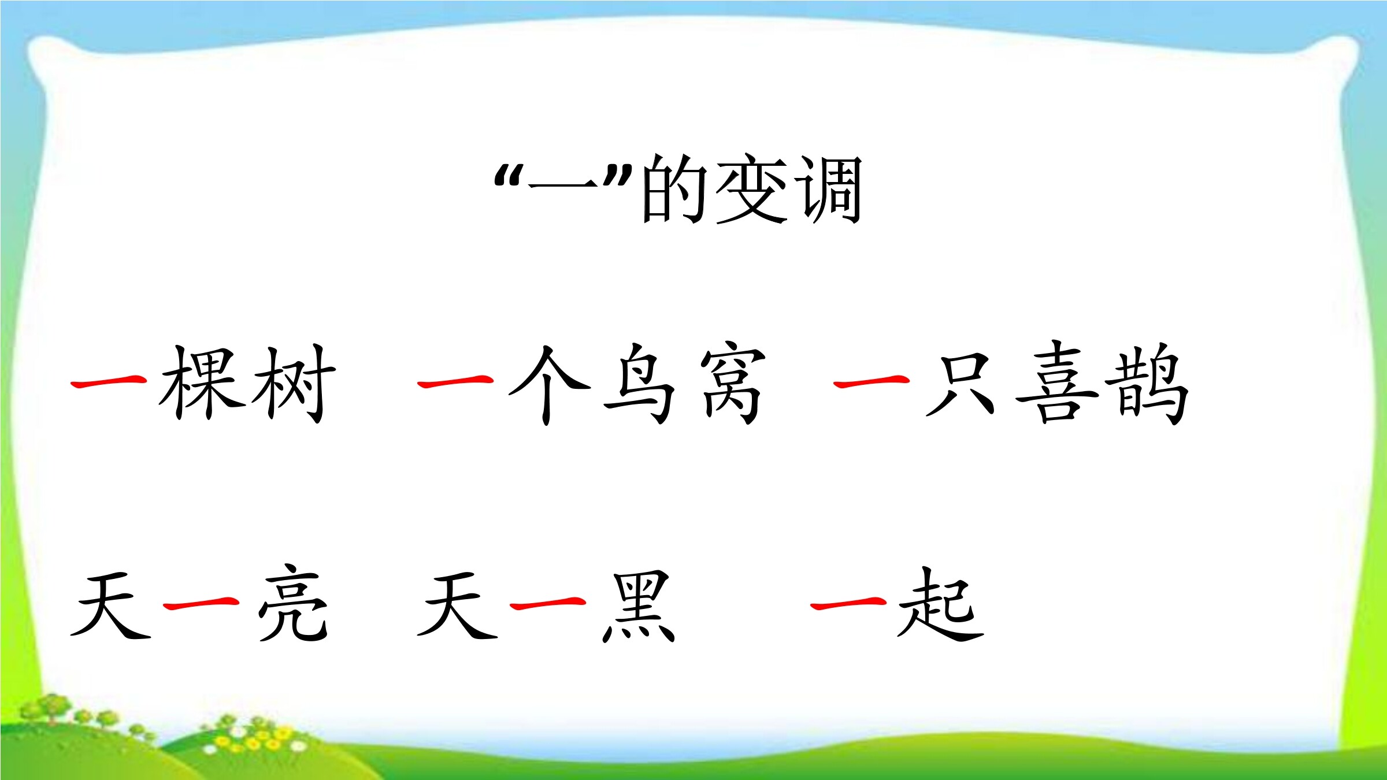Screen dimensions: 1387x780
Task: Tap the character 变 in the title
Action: point(752,189)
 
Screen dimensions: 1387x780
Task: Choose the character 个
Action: point(549,385)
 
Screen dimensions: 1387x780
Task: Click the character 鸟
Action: point(639,384)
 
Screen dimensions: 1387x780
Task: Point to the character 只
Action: point(959,385)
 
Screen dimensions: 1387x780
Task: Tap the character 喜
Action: point(1057,381)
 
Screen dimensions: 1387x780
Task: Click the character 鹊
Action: point(1147,384)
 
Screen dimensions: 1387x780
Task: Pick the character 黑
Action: point(639,607)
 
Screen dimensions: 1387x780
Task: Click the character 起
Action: point(940,604)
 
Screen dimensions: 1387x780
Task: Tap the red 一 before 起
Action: point(848,603)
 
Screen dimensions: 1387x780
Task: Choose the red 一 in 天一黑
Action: point(548,603)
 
